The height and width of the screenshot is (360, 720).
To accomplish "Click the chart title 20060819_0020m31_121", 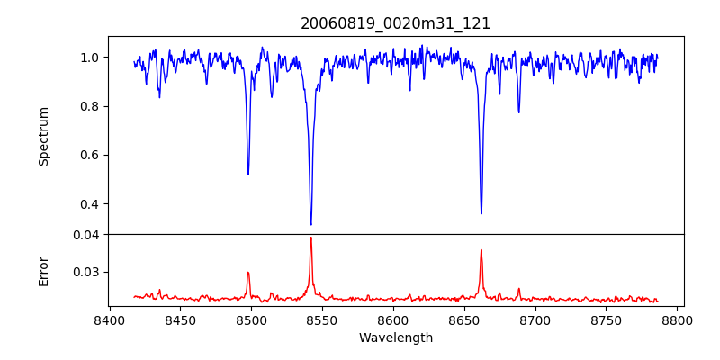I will click(395, 23).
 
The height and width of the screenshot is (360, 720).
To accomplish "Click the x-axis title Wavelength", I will click(395, 337).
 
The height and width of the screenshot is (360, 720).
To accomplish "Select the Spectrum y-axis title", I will click(43, 135).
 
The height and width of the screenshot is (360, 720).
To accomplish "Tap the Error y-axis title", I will click(43, 270).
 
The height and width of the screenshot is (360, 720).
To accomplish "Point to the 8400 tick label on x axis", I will click(109, 319).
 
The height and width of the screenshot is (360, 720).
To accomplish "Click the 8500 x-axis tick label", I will click(251, 319).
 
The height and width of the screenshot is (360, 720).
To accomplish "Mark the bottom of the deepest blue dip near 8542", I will click(310, 224).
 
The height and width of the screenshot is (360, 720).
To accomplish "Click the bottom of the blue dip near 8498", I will click(248, 174).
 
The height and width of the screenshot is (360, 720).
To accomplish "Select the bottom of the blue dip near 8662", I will click(481, 213).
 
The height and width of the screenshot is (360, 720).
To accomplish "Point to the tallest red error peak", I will click(310, 238).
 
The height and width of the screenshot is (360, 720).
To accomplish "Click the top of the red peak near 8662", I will click(481, 250).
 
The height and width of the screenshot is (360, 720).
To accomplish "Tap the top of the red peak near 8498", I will click(248, 272).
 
